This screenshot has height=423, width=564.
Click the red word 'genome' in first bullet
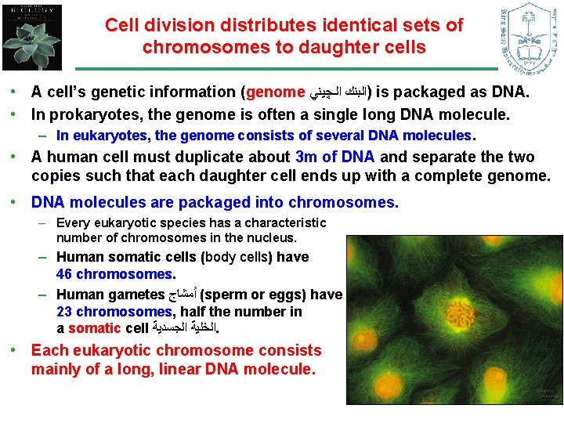pyautogui.click(x=276, y=92)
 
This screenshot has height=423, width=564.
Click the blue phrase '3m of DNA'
pyautogui.click(x=337, y=157)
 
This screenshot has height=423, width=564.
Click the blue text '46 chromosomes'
pyautogui.click(x=114, y=274)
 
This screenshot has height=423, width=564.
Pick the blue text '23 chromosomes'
pyautogui.click(x=114, y=311)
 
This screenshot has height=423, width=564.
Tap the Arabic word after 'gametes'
pyautogui.click(x=183, y=295)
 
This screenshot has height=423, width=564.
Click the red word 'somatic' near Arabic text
pyautogui.click(x=94, y=327)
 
